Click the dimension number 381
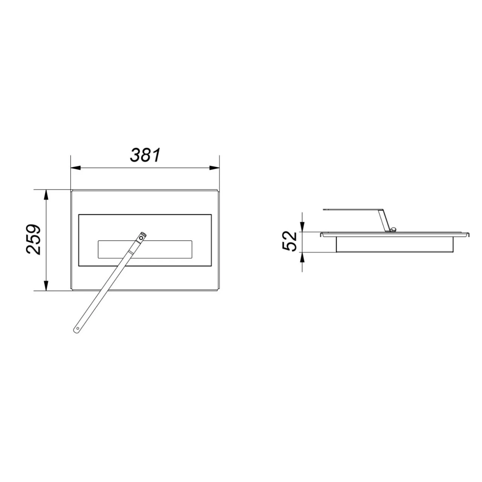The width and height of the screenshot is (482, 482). click(x=145, y=155)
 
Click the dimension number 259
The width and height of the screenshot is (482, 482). click(x=34, y=240)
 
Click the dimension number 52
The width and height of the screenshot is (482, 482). click(x=290, y=241)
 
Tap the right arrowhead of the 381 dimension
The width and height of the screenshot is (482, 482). click(x=215, y=168)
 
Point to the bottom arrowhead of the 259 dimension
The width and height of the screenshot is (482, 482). click(x=46, y=286)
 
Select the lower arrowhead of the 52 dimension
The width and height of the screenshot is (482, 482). click(x=302, y=256)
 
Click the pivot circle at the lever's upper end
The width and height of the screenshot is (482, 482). click(x=141, y=238)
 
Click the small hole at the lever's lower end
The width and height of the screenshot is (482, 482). click(x=78, y=328)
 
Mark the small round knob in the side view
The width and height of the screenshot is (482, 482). click(x=393, y=229)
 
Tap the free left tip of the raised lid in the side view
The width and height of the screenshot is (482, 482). click(x=324, y=209)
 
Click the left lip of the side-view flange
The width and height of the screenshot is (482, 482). click(x=322, y=235)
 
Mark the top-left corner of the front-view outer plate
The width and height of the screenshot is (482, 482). click(x=72, y=191)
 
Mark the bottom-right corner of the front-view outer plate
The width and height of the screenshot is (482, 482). click(x=219, y=290)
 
